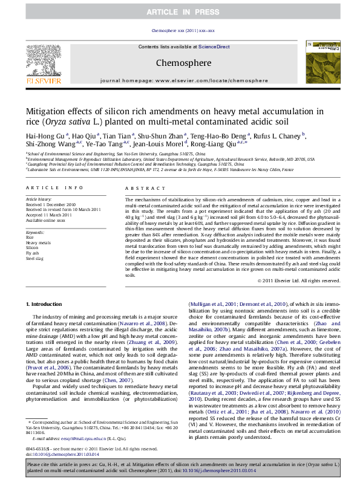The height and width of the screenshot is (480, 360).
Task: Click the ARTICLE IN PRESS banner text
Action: pos(180,12)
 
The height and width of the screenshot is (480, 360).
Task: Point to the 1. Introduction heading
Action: pos(46,303)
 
